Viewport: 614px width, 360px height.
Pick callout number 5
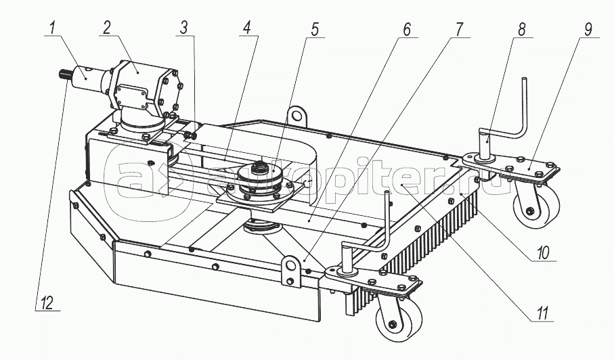pos(314,29)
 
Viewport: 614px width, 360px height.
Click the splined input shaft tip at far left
pos(64,74)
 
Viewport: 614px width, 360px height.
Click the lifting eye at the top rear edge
pos(295,112)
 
